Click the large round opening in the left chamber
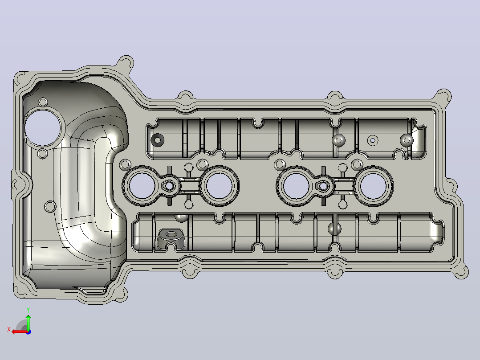[43, 127]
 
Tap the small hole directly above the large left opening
[43, 102]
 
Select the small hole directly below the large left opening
[43, 154]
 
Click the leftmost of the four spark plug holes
[142, 186]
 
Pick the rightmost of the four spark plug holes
[373, 186]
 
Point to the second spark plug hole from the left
[219, 186]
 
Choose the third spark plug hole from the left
[296, 186]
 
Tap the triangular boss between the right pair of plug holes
[323, 185]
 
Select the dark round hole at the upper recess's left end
[158, 140]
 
